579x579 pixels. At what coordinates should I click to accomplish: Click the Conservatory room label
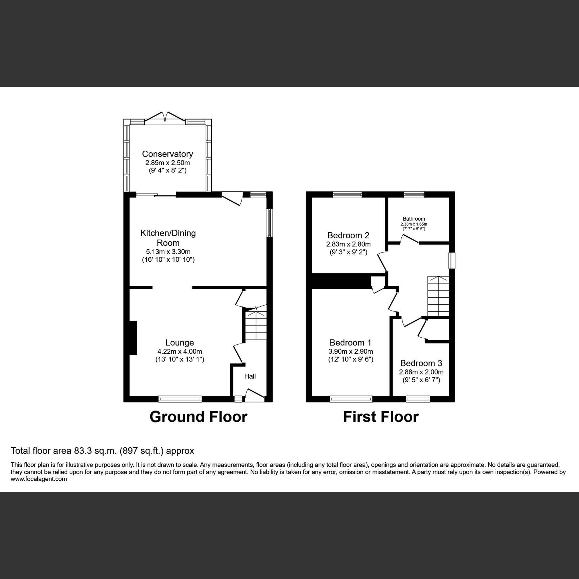pyautogui.click(x=167, y=154)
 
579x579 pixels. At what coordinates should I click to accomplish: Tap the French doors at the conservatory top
pyautogui.click(x=165, y=117)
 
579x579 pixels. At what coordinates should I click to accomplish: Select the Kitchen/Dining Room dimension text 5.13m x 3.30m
pyautogui.click(x=168, y=252)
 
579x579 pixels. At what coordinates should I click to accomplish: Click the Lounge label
pyautogui.click(x=180, y=343)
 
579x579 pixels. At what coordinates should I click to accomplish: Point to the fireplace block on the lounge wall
pyautogui.click(x=133, y=338)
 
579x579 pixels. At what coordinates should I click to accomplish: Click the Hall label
pyautogui.click(x=250, y=376)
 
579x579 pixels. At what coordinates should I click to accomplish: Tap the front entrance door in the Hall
pyautogui.click(x=255, y=395)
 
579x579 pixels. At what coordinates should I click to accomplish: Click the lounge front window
pyautogui.click(x=180, y=399)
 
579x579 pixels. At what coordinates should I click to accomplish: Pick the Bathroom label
pyautogui.click(x=414, y=219)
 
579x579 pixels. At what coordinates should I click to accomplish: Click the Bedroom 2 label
pyautogui.click(x=348, y=235)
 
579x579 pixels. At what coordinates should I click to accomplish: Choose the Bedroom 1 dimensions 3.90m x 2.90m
pyautogui.click(x=351, y=351)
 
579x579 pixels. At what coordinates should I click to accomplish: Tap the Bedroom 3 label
pyautogui.click(x=421, y=363)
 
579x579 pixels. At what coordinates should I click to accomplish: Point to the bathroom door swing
pyautogui.click(x=409, y=239)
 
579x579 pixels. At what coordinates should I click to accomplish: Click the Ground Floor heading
pyautogui.click(x=198, y=417)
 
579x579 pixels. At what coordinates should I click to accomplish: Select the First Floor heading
pyautogui.click(x=381, y=417)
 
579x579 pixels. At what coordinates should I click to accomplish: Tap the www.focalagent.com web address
pyautogui.click(x=39, y=479)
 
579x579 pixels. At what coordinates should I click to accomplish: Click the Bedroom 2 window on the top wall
pyautogui.click(x=347, y=195)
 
